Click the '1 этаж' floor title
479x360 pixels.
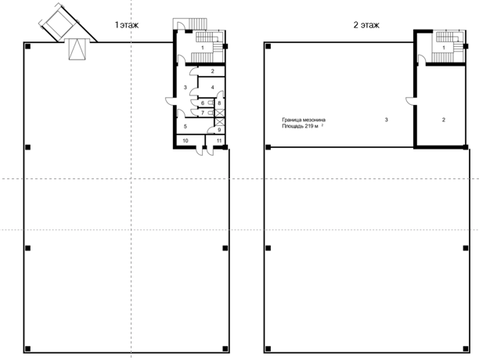127,25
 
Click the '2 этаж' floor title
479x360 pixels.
366,25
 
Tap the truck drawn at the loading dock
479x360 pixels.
59,22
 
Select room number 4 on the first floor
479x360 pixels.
212,88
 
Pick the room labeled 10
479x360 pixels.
185,141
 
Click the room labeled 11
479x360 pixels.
218,141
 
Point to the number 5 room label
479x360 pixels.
185,127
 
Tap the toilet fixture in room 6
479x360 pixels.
211,103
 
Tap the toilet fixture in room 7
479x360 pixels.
211,113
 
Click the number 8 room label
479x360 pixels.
219,103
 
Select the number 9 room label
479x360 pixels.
219,130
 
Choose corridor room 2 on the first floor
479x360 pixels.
213,71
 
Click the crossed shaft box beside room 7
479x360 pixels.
219,113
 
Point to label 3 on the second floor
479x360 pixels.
386,120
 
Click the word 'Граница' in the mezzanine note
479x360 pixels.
290,120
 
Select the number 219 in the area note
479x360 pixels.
308,126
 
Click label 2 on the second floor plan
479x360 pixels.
444,120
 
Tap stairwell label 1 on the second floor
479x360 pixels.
444,48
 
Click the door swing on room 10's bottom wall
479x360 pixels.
200,152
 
